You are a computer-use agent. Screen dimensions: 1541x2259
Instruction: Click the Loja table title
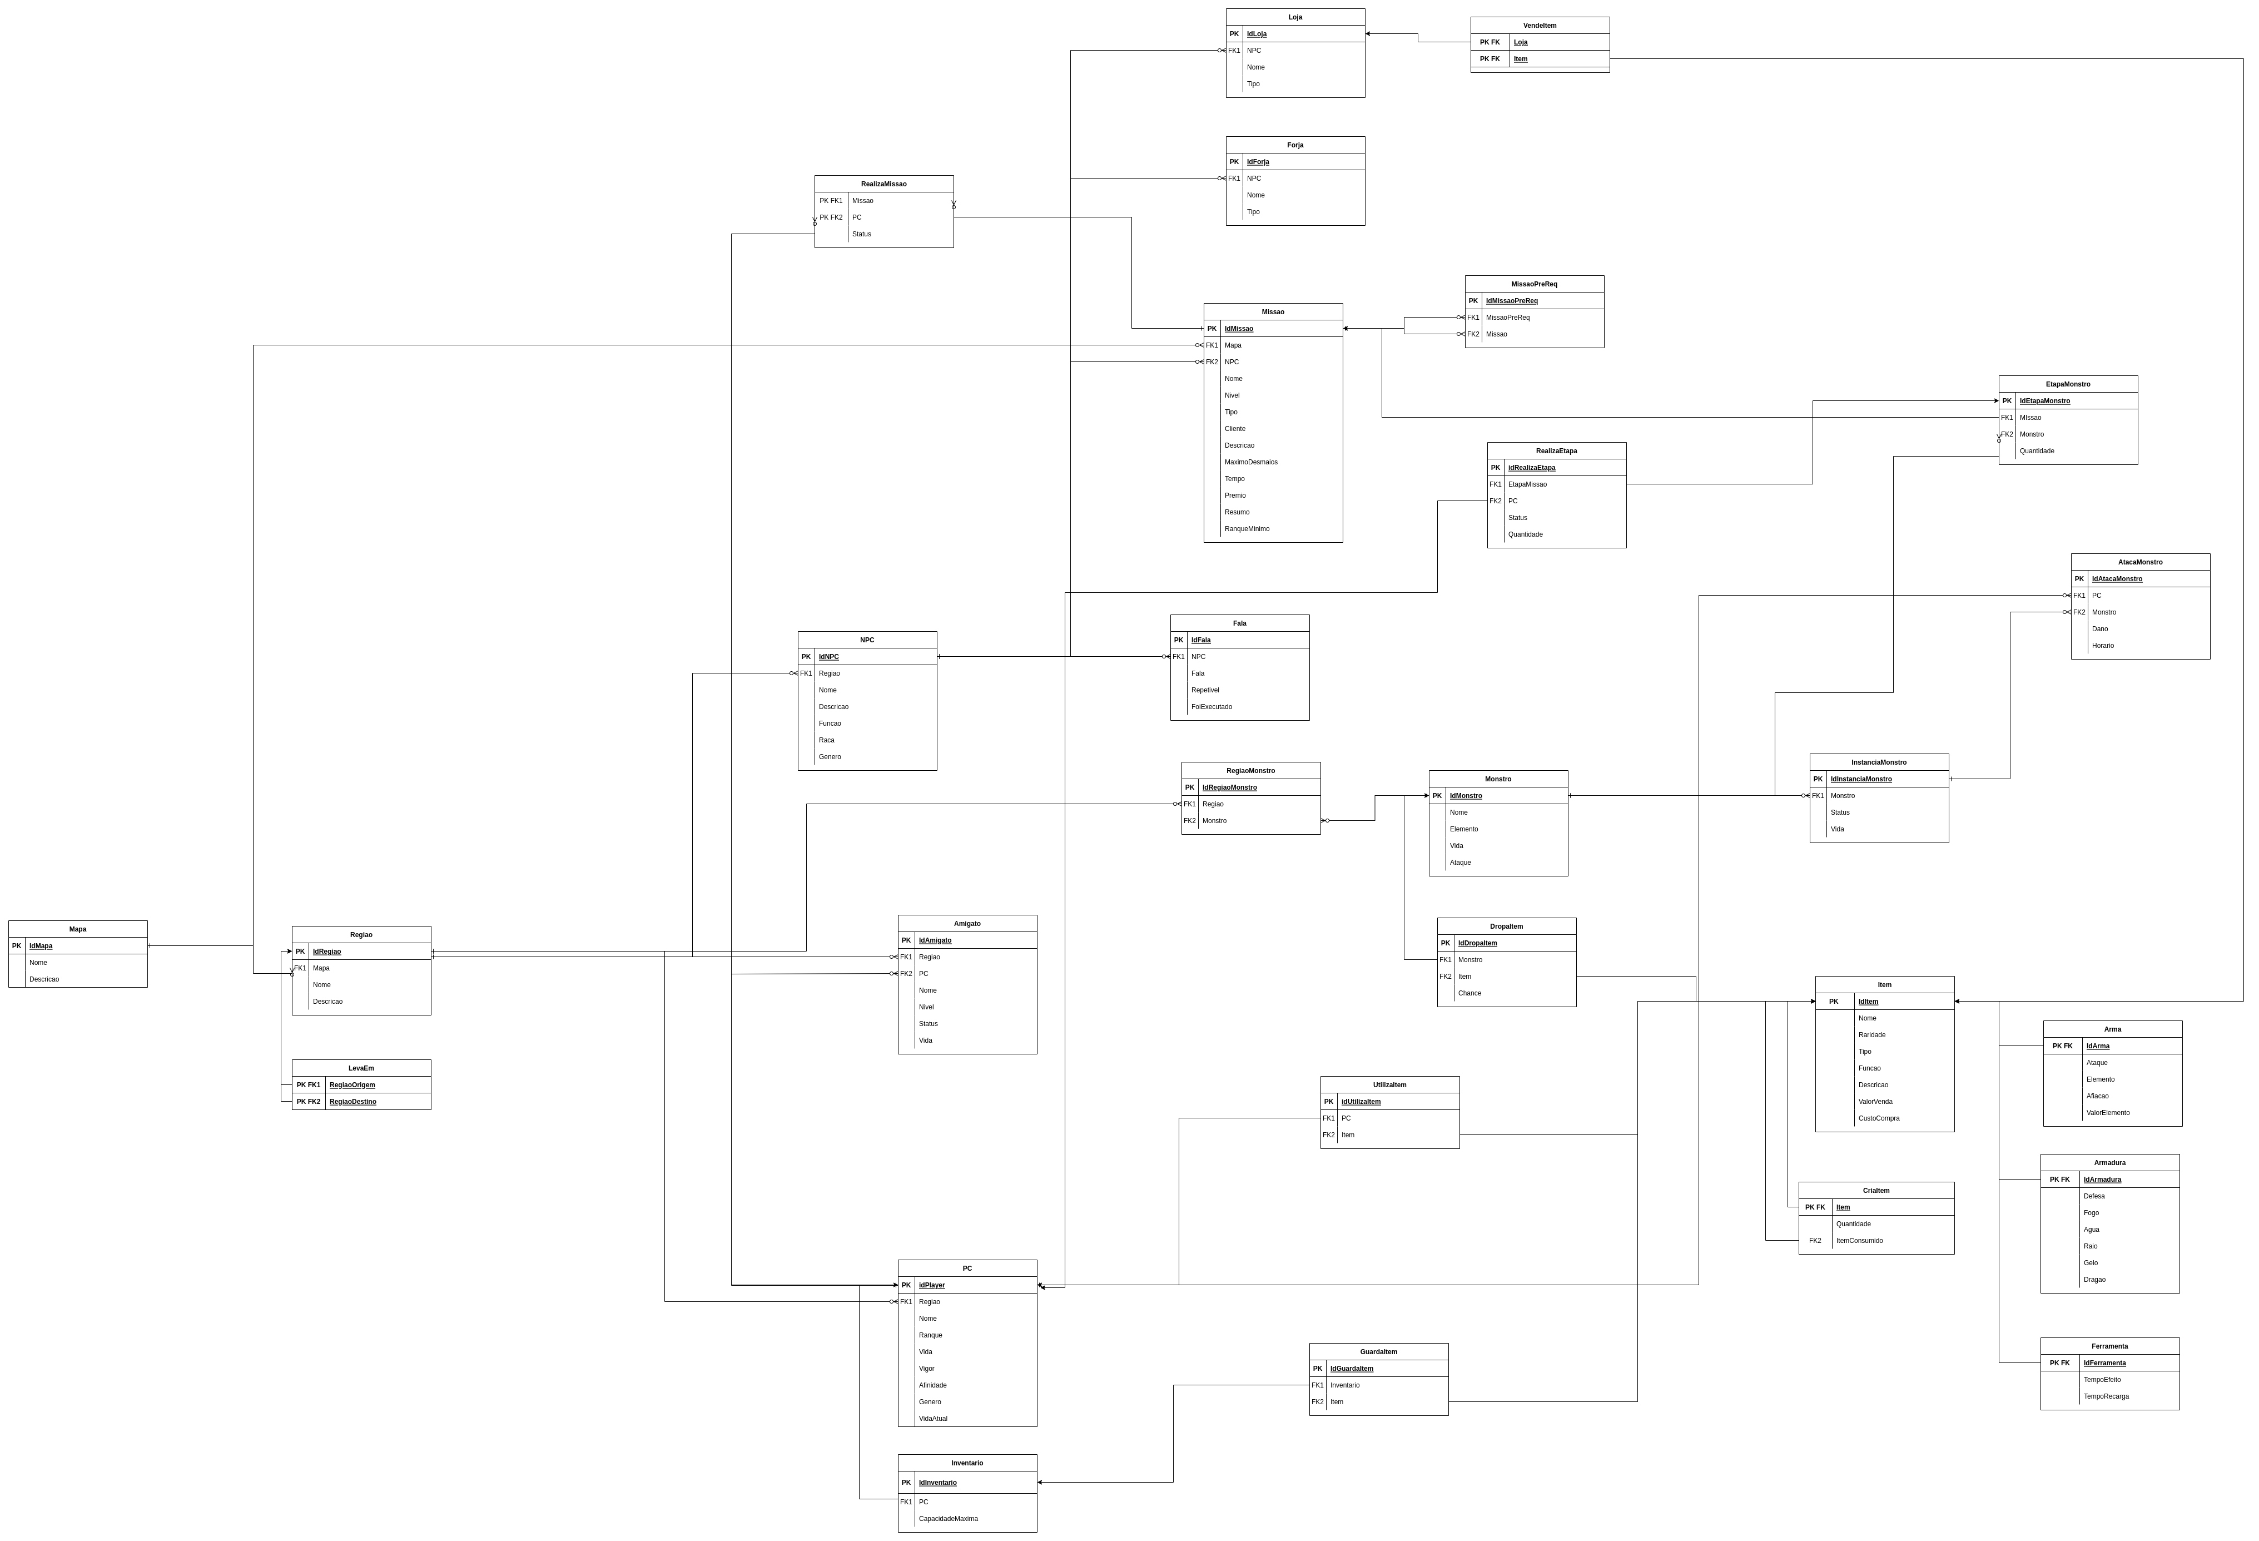click(x=1295, y=17)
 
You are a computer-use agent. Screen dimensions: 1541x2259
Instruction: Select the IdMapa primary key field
click(x=41, y=946)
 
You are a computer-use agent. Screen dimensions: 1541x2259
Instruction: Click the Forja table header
click(x=1295, y=145)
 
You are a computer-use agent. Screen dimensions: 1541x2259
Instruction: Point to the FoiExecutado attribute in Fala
click(x=1211, y=707)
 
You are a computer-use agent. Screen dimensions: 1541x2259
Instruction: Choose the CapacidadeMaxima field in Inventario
click(x=948, y=1519)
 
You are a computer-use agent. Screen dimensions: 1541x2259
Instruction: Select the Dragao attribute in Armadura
click(x=2094, y=1280)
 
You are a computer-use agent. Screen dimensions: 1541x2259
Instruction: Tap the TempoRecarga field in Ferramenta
click(x=2106, y=1396)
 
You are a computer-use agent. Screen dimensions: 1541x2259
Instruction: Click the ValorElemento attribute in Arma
click(x=2107, y=1112)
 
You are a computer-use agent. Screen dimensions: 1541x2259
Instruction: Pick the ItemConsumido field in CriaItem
click(x=1859, y=1241)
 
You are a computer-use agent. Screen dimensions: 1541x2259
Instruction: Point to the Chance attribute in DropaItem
click(x=1469, y=993)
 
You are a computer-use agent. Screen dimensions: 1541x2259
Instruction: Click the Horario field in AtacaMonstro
click(x=2103, y=646)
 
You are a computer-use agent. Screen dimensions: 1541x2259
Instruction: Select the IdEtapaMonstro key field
click(x=2044, y=400)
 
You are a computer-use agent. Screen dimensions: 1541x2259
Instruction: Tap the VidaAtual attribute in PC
click(x=932, y=1419)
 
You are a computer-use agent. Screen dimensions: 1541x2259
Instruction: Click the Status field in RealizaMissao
click(x=861, y=234)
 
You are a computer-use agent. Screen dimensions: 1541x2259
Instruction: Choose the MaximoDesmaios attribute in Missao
click(x=1250, y=462)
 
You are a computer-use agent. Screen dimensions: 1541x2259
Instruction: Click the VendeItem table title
click(x=1539, y=25)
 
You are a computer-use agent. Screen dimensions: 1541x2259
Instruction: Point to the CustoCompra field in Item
click(x=1878, y=1118)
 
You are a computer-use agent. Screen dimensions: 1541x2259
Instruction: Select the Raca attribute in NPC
click(x=826, y=740)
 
